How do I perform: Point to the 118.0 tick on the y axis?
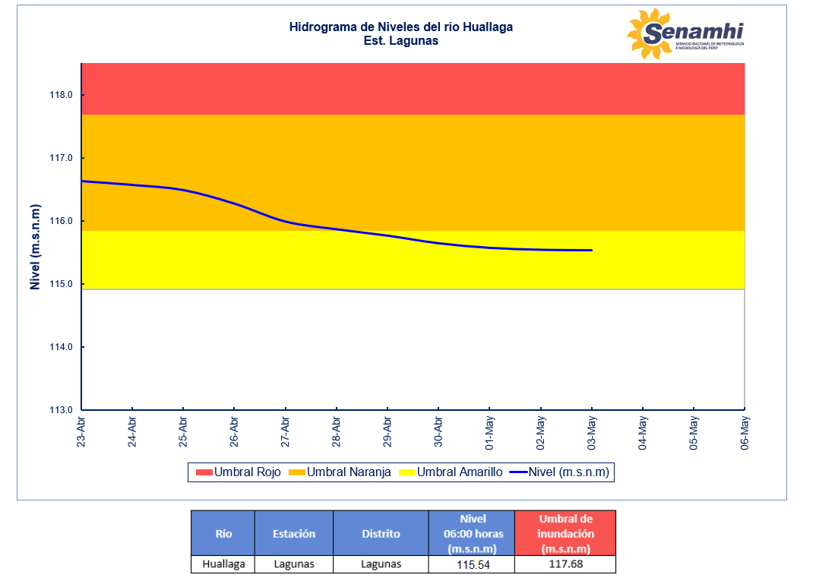tap(61, 96)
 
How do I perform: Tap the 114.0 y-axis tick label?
tap(61, 347)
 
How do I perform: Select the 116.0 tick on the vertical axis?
tap(61, 222)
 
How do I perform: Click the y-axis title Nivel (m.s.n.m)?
tap(34, 247)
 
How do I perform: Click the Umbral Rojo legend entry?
tap(239, 472)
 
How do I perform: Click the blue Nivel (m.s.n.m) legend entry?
tap(560, 472)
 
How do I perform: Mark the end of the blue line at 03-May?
tap(591, 250)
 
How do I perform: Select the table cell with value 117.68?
tap(565, 565)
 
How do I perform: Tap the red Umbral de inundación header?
tap(565, 533)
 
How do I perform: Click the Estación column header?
tap(293, 533)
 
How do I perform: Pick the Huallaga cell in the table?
tap(223, 564)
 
